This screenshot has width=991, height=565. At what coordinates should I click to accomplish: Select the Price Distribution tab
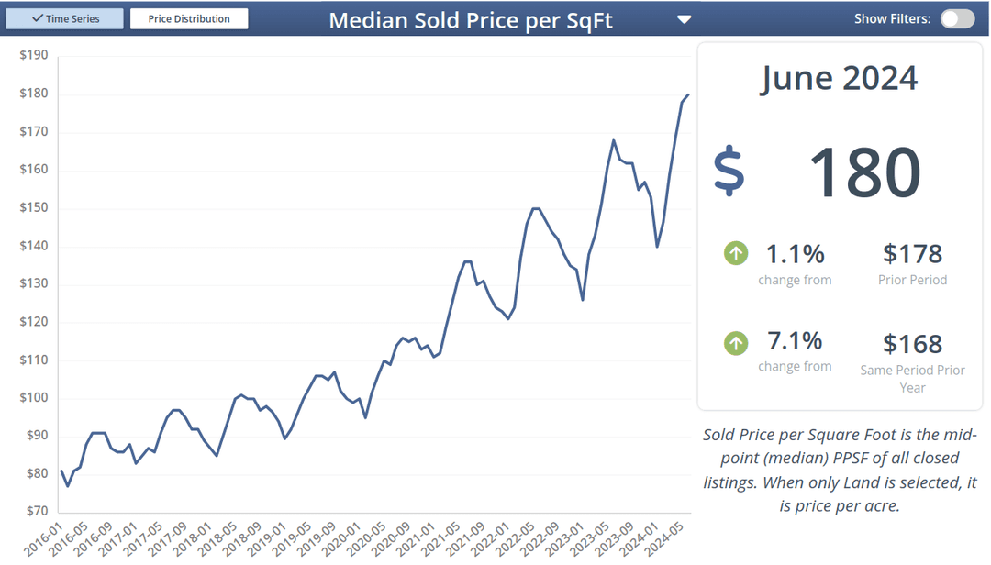coord(189,18)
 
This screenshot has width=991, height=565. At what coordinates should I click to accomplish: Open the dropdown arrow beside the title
coord(684,19)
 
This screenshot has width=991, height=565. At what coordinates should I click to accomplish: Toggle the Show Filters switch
coord(957,18)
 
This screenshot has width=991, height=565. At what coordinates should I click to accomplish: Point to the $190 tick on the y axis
coord(34,55)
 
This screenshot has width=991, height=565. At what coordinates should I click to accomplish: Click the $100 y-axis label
coord(34,397)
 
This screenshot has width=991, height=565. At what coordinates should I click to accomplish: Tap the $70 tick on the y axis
coord(34,511)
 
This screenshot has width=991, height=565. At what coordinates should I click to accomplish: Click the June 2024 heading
coord(839,78)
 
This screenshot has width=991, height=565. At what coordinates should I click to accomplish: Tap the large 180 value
coord(864,172)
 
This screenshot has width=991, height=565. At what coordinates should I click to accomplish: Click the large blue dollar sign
coord(729,171)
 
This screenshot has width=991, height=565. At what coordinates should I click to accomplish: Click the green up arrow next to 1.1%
coord(736,253)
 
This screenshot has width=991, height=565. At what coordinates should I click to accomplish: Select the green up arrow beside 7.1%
coord(736,343)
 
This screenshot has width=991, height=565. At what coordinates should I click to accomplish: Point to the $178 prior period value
coord(912,254)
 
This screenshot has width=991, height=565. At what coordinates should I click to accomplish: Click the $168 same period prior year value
coord(912,344)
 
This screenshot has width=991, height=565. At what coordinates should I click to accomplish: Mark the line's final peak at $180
coord(688,94)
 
